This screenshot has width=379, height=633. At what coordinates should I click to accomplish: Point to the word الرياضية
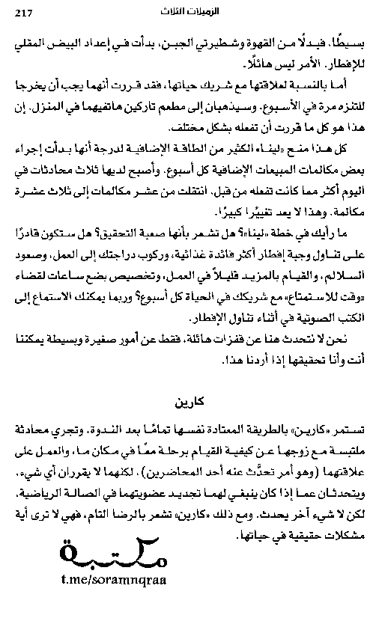click(46, 492)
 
